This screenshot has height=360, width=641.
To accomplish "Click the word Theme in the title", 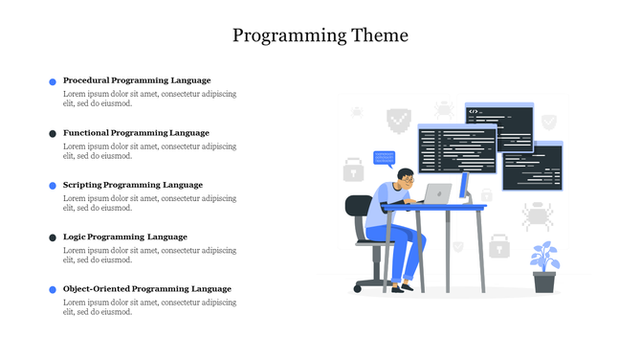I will pos(377,35).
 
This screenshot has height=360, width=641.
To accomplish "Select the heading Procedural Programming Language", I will pos(137,80).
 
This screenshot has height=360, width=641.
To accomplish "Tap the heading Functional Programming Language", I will pos(136,132).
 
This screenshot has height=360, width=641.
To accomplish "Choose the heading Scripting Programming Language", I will pos(133,184).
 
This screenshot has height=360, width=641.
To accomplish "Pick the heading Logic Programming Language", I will pos(125,236).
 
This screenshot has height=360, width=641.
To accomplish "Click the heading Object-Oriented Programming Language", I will pos(147,288).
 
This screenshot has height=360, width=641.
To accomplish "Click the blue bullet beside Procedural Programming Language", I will pos(53,81).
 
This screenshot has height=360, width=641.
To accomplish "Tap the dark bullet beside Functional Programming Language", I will pos(53,133).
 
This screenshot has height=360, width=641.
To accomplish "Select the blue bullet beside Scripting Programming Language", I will pos(53,185).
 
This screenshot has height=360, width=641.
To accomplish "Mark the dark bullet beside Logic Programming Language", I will pos(53,237).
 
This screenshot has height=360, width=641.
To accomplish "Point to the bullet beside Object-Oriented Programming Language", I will pos(53,289).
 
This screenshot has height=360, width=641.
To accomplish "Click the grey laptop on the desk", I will pos(437,193).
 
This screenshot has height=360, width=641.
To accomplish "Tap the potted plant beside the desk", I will pos(544,267).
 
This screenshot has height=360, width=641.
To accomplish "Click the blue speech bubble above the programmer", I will pos(384,157).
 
